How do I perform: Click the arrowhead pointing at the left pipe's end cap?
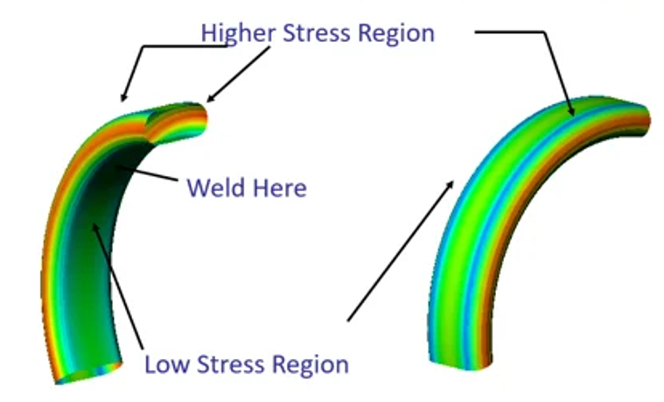[211, 100]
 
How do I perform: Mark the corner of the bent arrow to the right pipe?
[546, 33]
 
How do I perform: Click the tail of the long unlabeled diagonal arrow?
[348, 321]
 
